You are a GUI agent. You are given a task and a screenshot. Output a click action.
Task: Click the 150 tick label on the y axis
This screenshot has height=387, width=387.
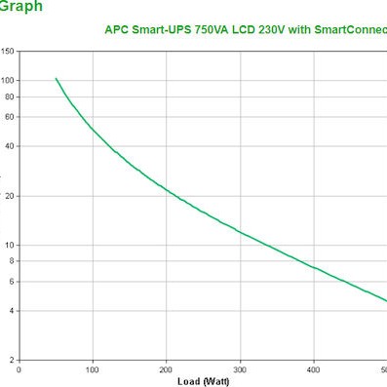(x=8, y=50)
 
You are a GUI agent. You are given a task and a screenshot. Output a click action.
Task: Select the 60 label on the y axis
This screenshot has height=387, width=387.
(x=10, y=116)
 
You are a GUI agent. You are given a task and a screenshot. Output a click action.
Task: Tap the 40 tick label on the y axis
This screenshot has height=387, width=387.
(x=10, y=145)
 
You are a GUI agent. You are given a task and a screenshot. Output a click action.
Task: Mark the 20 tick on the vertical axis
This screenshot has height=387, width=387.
(x=10, y=196)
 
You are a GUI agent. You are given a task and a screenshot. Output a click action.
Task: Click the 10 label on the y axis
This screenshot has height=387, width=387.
(x=10, y=245)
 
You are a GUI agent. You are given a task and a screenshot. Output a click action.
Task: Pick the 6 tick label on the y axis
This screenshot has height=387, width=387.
(x=12, y=282)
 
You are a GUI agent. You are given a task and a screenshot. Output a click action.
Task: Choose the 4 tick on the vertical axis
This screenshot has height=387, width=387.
(x=12, y=311)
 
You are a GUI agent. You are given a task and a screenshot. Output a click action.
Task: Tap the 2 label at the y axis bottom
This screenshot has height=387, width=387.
(x=12, y=361)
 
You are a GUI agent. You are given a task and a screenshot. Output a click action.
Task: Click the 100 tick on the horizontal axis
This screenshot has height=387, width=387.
(x=93, y=369)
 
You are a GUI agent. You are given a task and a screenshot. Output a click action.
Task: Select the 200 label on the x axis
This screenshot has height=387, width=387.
(x=167, y=369)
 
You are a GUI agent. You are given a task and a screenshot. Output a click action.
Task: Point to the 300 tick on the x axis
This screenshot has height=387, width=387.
(x=240, y=369)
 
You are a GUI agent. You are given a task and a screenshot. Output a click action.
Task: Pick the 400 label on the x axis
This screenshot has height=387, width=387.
(x=314, y=369)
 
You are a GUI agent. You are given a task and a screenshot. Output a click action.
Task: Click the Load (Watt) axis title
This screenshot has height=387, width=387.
(x=203, y=379)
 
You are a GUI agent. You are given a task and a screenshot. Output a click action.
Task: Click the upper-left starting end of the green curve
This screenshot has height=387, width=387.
(x=56, y=78)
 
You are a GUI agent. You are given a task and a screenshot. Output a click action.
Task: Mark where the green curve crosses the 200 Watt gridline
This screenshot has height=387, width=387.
(x=167, y=189)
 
